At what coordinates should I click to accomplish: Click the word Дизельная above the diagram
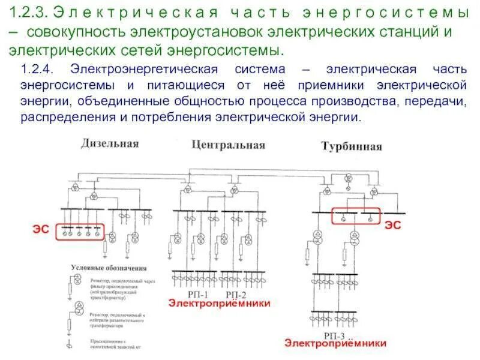pyautogui.click(x=110, y=143)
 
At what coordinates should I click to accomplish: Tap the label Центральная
pyautogui.click(x=229, y=145)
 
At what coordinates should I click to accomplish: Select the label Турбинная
pyautogui.click(x=352, y=146)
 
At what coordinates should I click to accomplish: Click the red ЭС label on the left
pyautogui.click(x=41, y=229)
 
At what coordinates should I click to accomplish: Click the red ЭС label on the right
pyautogui.click(x=392, y=224)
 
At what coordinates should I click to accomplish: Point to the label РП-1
pyautogui.click(x=197, y=295)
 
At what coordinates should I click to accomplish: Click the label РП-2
pyautogui.click(x=236, y=295)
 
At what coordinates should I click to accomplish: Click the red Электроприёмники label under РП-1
pyautogui.click(x=220, y=304)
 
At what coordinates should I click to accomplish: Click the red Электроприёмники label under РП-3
pyautogui.click(x=335, y=343)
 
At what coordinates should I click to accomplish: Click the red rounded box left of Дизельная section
pyautogui.click(x=79, y=232)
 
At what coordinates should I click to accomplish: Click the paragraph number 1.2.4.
pyautogui.click(x=38, y=70)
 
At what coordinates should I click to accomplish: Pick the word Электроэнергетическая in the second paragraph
pyautogui.click(x=139, y=70)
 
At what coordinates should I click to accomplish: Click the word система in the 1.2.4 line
pyautogui.click(x=268, y=70)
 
